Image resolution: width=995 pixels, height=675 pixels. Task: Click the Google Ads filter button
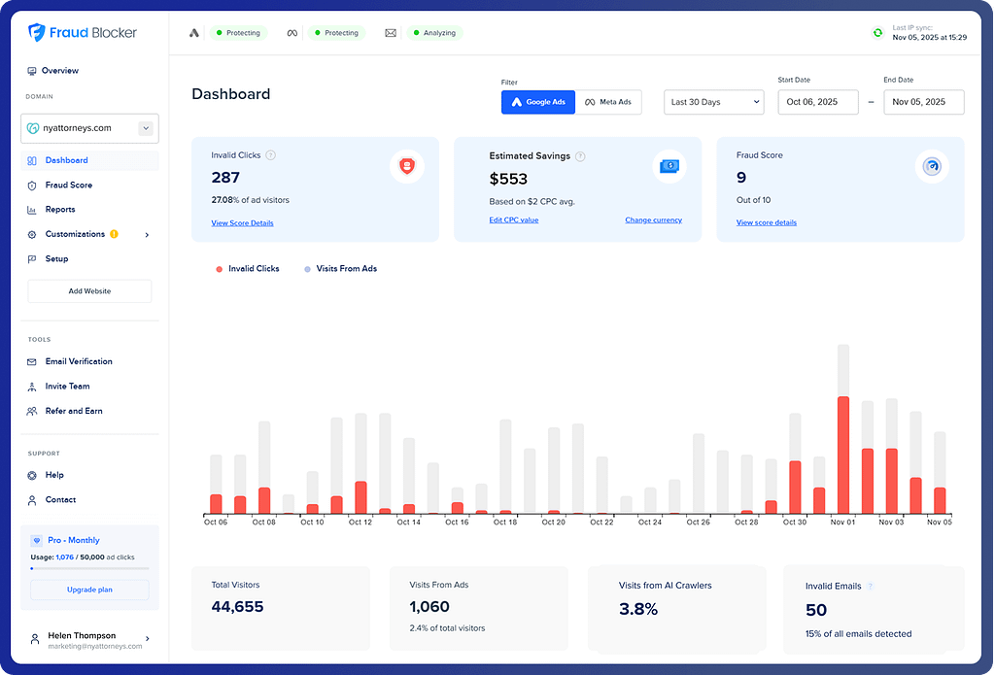(x=538, y=102)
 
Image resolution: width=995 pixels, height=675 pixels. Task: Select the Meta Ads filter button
(x=608, y=102)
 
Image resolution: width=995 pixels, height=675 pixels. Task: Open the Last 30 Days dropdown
(x=714, y=102)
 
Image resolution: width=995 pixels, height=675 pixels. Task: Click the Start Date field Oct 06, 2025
(x=818, y=102)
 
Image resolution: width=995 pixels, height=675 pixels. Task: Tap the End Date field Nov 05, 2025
(x=923, y=102)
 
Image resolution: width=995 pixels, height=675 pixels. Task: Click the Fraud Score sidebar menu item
(x=68, y=185)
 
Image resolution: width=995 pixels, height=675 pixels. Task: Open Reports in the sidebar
(x=59, y=210)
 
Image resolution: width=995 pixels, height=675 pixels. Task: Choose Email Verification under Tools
(x=78, y=361)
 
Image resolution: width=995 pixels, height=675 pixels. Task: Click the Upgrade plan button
(x=89, y=590)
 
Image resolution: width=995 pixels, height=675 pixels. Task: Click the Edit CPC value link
(x=513, y=220)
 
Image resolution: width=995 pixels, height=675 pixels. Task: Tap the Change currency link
(x=653, y=220)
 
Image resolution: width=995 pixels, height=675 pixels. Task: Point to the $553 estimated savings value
(x=508, y=178)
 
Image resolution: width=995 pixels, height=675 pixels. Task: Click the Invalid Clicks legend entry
(x=248, y=268)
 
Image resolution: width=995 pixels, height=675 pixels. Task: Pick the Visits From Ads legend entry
(x=340, y=268)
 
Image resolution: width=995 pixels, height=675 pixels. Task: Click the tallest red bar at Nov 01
(x=842, y=455)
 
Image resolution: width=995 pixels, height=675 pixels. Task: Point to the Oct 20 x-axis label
(x=553, y=523)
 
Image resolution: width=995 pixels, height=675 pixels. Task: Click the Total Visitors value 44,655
(x=237, y=607)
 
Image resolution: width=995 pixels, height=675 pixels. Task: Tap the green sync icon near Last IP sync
(x=877, y=33)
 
